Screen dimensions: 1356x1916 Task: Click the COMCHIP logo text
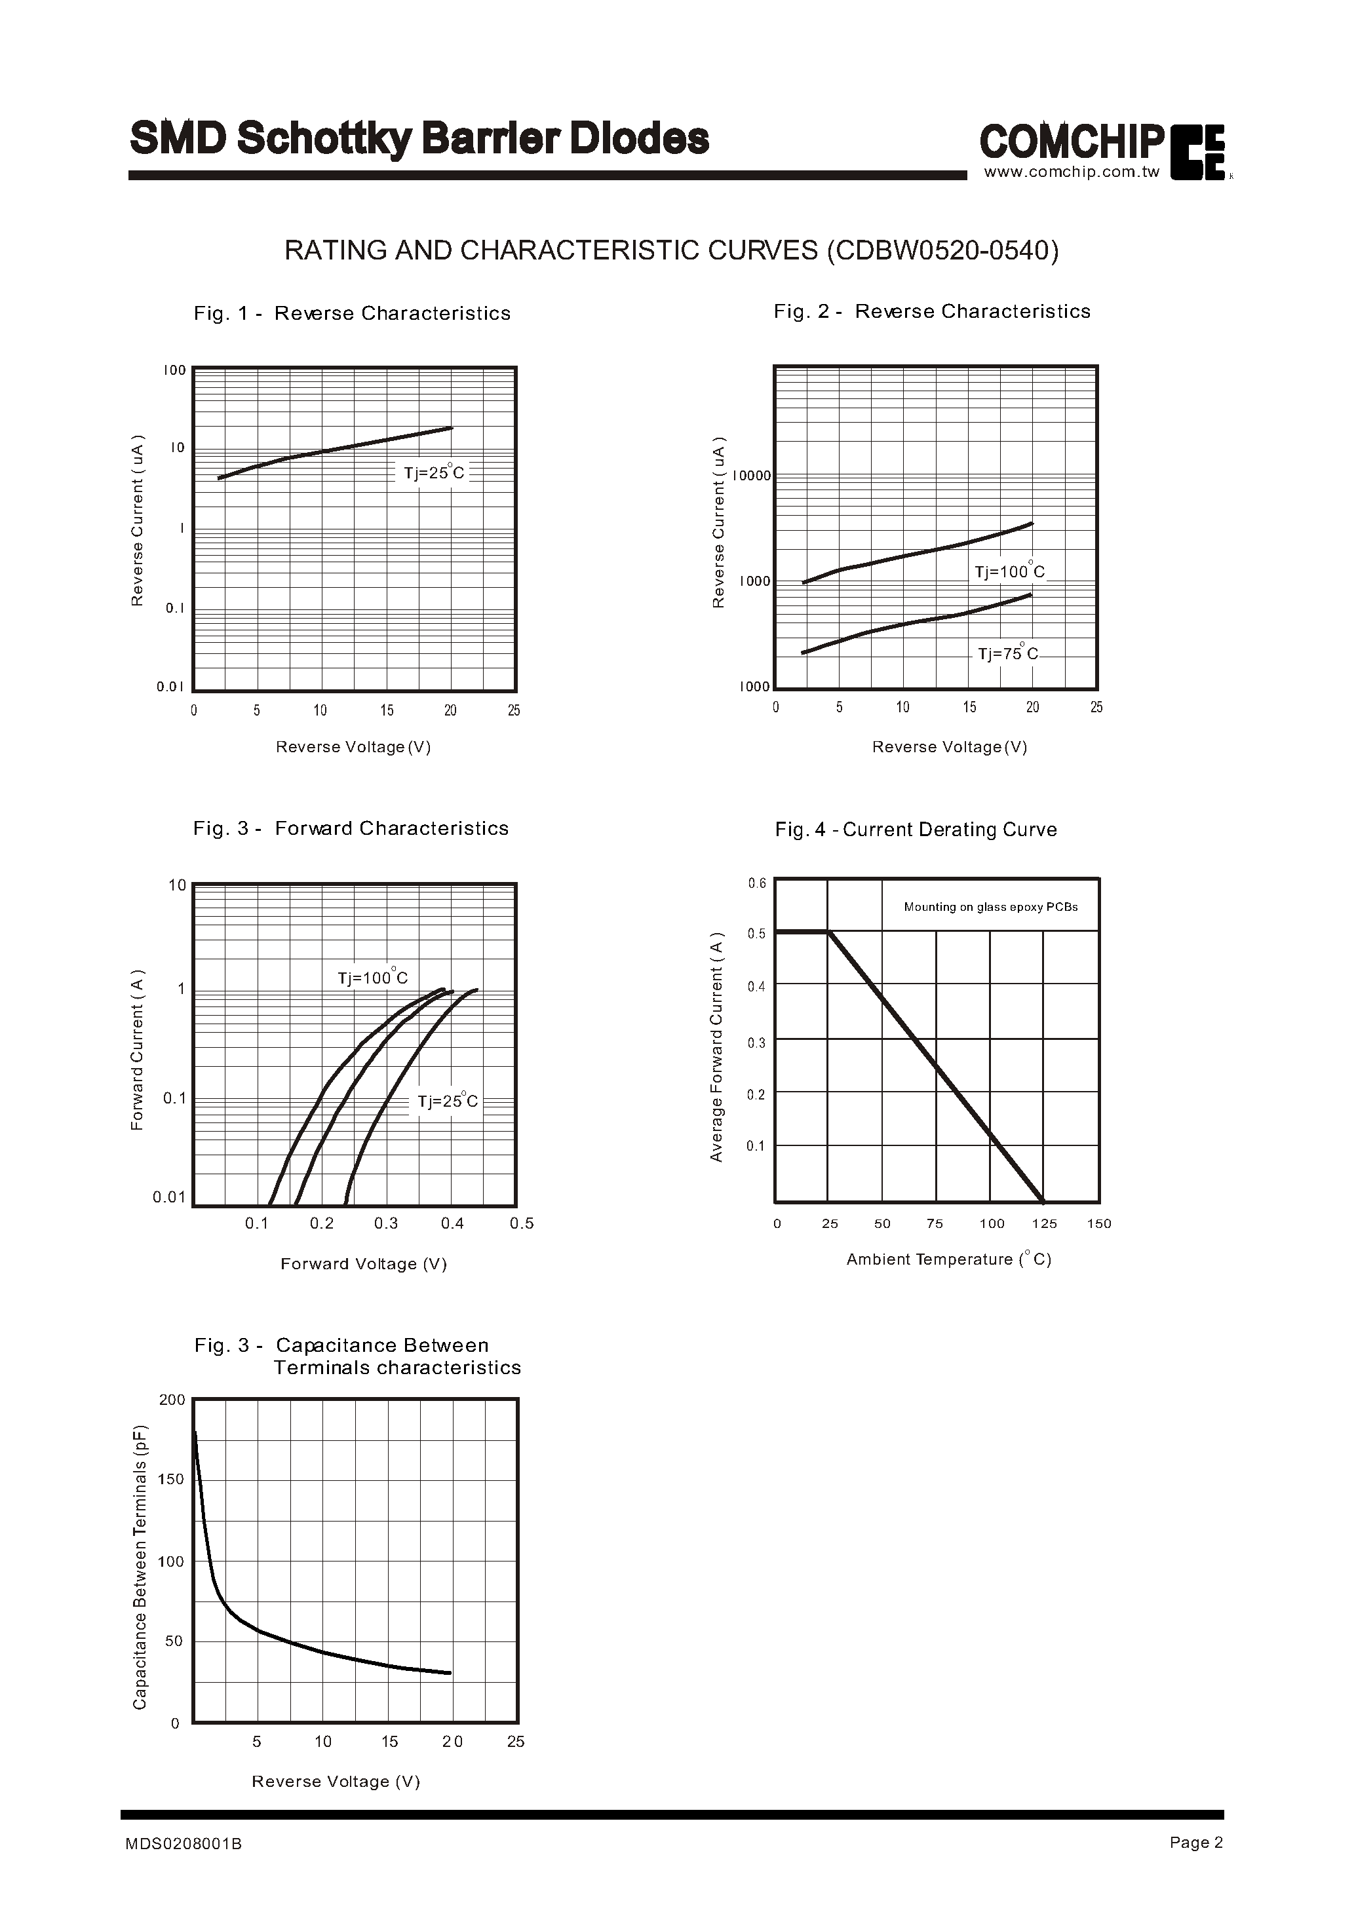tap(1072, 142)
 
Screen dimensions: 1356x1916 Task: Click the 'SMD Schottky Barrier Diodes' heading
tap(419, 138)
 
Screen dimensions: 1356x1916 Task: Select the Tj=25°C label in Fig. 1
tap(434, 472)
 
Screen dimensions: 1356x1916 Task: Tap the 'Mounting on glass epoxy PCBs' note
tap(990, 907)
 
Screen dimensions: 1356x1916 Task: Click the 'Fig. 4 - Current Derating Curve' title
tap(916, 829)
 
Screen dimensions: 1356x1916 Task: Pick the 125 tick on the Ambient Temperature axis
tap(1044, 1223)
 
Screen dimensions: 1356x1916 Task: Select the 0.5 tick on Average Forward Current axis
tap(756, 933)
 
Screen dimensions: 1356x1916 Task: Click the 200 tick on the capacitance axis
tap(172, 1400)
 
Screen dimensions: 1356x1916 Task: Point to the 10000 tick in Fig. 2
tap(752, 476)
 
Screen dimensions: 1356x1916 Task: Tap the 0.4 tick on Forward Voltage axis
tap(452, 1223)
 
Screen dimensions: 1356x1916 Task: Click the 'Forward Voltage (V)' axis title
tap(364, 1264)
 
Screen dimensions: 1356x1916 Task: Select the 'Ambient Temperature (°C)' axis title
tap(948, 1259)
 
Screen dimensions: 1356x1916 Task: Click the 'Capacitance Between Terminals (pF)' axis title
tap(140, 1566)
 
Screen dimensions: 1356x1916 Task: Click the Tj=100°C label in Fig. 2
tap(1009, 571)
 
